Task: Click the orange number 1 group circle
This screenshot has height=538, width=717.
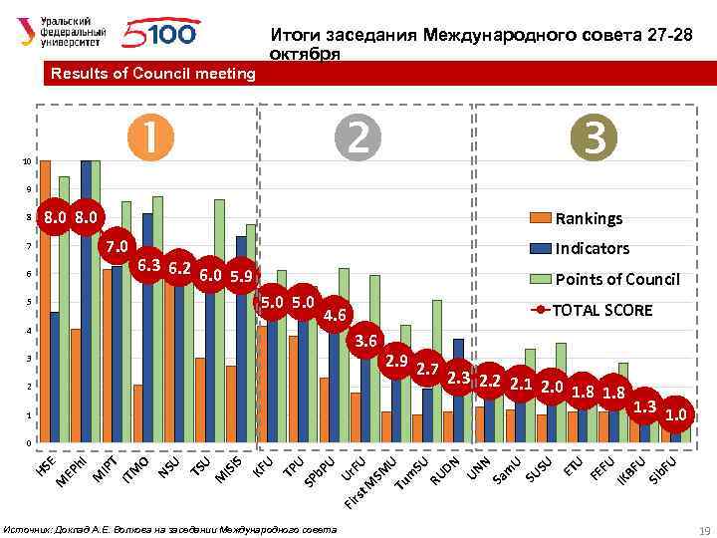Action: pyautogui.click(x=150, y=137)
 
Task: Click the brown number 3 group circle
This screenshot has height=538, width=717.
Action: pyautogui.click(x=596, y=137)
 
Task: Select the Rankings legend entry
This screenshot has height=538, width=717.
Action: pyautogui.click(x=588, y=218)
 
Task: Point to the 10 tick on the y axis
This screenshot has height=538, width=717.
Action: pyautogui.click(x=29, y=160)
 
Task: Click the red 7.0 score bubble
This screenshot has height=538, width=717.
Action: pyautogui.click(x=119, y=246)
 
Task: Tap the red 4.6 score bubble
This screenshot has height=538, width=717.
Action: pyautogui.click(x=334, y=316)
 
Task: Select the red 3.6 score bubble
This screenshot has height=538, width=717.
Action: pyautogui.click(x=366, y=341)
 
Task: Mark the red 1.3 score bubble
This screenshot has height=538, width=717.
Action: pyautogui.click(x=645, y=405)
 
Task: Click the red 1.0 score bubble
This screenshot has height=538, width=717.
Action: pyautogui.click(x=676, y=413)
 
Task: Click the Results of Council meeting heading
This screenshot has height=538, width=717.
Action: pyautogui.click(x=152, y=74)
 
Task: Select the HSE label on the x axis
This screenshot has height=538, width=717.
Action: pyautogui.click(x=46, y=465)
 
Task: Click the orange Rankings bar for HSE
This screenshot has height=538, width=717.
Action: pyautogui.click(x=43, y=300)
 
